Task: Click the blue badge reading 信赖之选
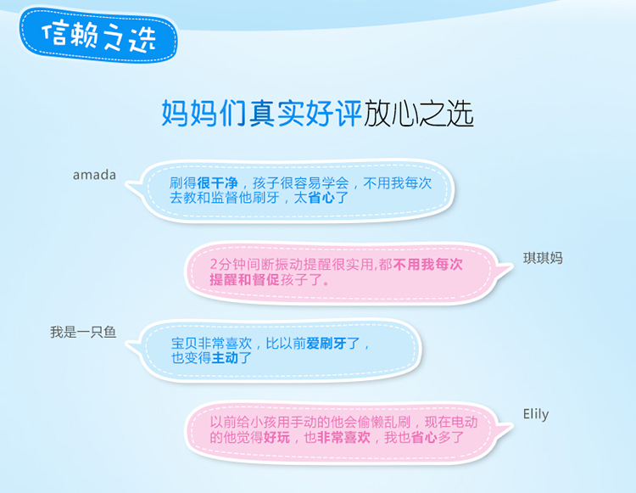point(99,36)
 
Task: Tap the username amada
point(94,175)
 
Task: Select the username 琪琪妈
point(543,258)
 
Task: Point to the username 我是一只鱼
point(83,332)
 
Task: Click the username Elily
point(536,414)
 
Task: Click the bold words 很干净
point(217,183)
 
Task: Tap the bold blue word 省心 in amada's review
point(321,198)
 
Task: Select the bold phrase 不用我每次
point(427,265)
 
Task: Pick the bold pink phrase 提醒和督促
point(244,279)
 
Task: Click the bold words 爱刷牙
point(326,344)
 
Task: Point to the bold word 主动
point(225,358)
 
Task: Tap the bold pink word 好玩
point(276,437)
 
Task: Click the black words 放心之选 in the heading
point(418,113)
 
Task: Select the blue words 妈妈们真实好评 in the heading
point(262,113)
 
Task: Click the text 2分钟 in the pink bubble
point(226,265)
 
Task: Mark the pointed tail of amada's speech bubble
point(126,186)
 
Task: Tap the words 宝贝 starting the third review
point(184,344)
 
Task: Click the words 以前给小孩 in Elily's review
point(243,423)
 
